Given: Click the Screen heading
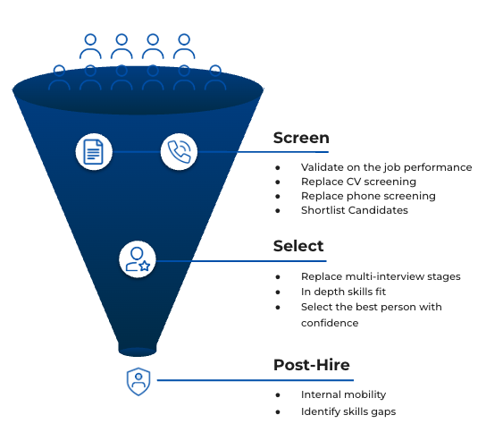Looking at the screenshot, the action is [301, 138].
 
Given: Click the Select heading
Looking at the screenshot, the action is [298, 246].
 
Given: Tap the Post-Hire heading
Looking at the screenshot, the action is [312, 365].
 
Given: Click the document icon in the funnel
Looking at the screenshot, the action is [94, 152].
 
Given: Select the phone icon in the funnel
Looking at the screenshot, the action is [179, 151].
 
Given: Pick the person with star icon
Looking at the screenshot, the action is [138, 259].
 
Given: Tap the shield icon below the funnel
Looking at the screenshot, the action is [138, 381].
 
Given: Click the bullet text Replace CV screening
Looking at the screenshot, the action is [358, 182].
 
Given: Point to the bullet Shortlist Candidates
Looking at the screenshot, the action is [355, 210].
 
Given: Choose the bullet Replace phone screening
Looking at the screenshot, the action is [368, 196].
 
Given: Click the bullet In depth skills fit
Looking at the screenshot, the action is [343, 292].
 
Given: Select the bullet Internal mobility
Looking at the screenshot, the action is [343, 394].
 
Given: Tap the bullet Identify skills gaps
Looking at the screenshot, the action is [348, 411].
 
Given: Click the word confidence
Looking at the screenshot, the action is [330, 323].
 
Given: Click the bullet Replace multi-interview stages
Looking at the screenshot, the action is [381, 276].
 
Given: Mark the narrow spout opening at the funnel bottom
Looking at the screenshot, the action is [138, 352].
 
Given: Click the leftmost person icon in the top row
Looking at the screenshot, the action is [90, 47].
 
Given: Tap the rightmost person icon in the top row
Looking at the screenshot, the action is [184, 47].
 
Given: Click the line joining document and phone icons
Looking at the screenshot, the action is [137, 152].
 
